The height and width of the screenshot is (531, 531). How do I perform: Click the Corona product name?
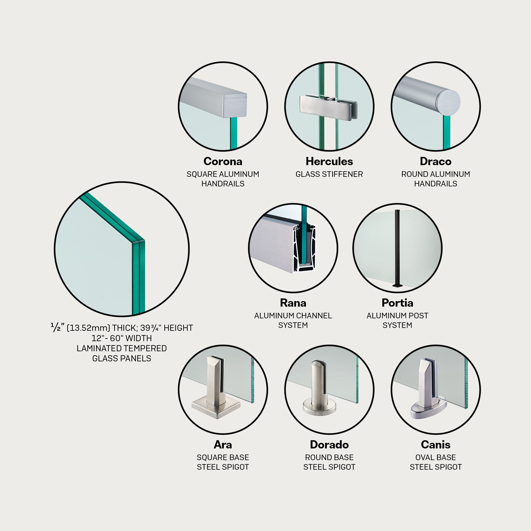point(223,161)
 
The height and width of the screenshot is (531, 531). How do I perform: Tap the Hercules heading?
point(329,161)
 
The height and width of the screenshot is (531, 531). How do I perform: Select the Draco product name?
point(436,161)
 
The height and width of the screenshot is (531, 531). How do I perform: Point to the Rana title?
point(293,303)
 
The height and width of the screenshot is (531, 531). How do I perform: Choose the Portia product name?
point(397,303)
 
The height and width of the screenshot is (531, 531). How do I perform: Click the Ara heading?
point(223,444)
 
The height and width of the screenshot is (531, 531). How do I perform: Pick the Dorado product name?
point(329,444)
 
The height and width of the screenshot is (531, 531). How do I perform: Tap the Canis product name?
point(436,444)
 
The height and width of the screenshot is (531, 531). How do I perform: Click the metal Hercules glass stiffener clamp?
point(328,108)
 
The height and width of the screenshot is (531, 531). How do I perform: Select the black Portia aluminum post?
point(397,249)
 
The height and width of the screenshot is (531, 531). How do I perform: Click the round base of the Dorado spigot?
point(319,407)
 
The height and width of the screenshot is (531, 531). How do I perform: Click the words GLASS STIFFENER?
point(329,174)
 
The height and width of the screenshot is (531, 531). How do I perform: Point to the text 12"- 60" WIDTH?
point(122,338)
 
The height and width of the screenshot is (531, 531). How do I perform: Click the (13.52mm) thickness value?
point(88,328)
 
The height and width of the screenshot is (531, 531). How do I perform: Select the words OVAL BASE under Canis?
point(436,457)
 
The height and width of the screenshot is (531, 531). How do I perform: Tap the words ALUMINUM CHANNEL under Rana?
point(293,316)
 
